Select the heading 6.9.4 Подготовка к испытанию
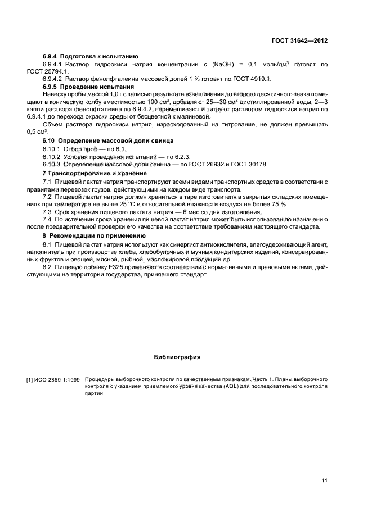click(x=91, y=57)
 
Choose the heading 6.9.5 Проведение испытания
click(x=88, y=87)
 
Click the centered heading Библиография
click(x=177, y=356)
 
